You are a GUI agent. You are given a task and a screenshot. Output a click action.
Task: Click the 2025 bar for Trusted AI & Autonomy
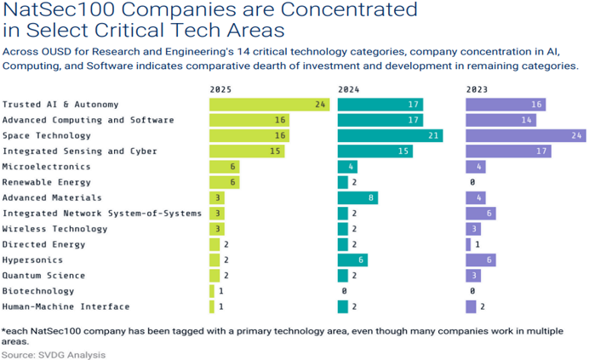[x=269, y=105]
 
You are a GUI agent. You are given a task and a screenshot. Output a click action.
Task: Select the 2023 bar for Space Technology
[x=525, y=136]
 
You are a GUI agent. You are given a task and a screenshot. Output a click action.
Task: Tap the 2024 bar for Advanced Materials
[x=357, y=197]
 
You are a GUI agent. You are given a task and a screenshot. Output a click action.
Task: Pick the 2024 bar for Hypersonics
[x=352, y=260]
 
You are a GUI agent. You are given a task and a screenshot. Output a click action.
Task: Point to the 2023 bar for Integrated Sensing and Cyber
[x=508, y=151]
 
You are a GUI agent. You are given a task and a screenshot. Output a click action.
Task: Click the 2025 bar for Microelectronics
[x=225, y=167]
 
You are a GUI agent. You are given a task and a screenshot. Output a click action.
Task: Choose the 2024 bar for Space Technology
[x=390, y=136]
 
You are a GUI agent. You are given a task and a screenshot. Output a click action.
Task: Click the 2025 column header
[x=220, y=89]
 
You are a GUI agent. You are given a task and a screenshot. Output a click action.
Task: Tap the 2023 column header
[x=477, y=89]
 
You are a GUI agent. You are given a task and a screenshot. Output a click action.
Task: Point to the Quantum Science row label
[x=43, y=275]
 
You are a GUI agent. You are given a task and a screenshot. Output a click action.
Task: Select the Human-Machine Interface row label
[x=66, y=306]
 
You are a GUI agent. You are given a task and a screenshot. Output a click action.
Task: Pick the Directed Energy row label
[x=43, y=244]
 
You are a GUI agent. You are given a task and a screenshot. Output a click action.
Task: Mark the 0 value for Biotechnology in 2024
[x=342, y=291]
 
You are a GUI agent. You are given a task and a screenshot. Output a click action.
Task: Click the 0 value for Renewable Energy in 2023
[x=471, y=182]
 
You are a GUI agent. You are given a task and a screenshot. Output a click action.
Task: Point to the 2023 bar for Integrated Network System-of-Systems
[x=480, y=213]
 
